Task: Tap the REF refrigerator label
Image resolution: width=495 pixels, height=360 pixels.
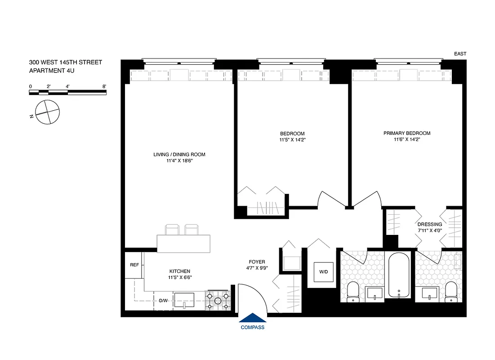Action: pos(134,265)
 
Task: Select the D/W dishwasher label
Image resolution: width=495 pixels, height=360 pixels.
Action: pos(164,300)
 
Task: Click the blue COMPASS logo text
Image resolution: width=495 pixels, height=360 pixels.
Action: pos(252,328)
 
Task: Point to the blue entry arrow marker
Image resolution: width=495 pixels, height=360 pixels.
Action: pos(252,318)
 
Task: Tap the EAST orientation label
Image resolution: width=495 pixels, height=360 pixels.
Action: pos(460,54)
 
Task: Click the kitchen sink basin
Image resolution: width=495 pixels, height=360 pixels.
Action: pos(184,299)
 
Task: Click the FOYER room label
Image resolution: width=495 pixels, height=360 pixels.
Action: pos(257,262)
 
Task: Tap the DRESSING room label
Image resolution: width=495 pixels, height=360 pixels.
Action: pos(429,225)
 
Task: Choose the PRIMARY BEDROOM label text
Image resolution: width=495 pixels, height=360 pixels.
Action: pos(406,133)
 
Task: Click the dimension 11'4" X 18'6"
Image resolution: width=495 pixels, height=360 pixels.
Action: pos(179,161)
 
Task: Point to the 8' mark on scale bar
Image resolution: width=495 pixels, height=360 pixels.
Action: pos(104,85)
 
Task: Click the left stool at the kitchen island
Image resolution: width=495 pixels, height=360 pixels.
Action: pos(172,230)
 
